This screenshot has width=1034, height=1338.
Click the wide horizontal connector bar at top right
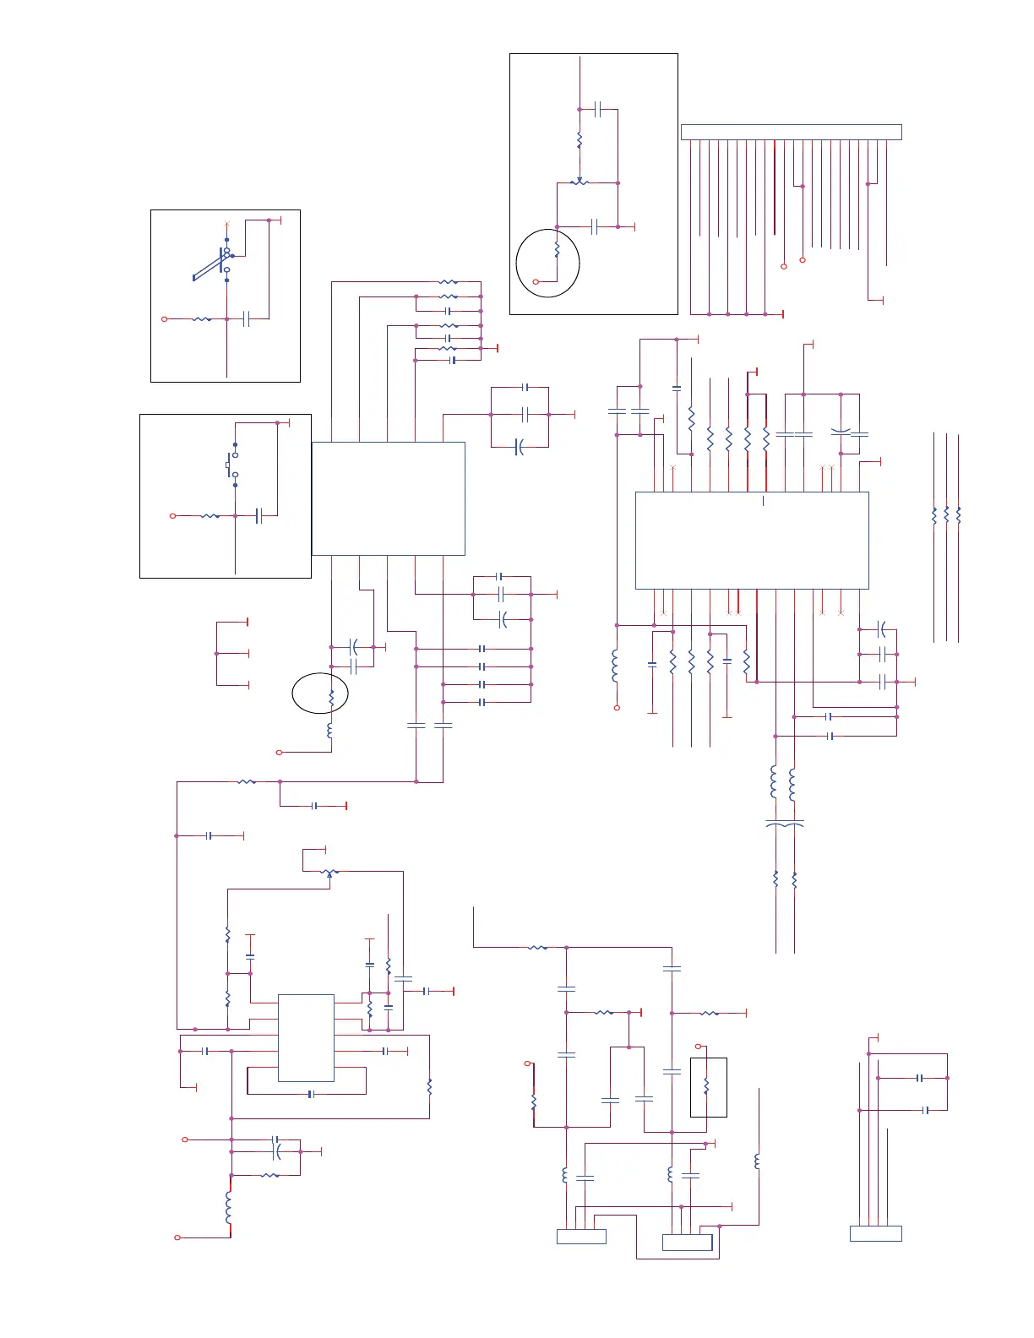791,132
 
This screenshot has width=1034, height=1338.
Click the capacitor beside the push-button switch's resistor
258,515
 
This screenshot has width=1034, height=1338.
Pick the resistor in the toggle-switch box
202,319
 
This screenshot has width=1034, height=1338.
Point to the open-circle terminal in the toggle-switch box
165,319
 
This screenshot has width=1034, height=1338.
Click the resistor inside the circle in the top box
557,251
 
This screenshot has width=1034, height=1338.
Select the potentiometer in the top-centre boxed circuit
580,182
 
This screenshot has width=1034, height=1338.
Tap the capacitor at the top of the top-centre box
597,109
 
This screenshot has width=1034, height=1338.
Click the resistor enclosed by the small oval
331,697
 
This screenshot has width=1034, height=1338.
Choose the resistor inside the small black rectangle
706,1086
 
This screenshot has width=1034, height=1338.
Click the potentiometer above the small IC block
329,872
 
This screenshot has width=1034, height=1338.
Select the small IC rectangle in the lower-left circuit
306,1037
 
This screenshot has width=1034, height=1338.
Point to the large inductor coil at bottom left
229,1207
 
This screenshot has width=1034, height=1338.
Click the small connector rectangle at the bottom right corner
875,1233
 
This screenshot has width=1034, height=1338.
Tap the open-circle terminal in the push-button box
173,515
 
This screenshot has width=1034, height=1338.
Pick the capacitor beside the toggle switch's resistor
247,319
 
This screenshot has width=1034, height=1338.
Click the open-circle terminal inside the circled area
536,281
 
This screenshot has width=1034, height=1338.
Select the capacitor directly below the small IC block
311,1094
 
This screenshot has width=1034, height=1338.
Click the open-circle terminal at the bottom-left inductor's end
177,1237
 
